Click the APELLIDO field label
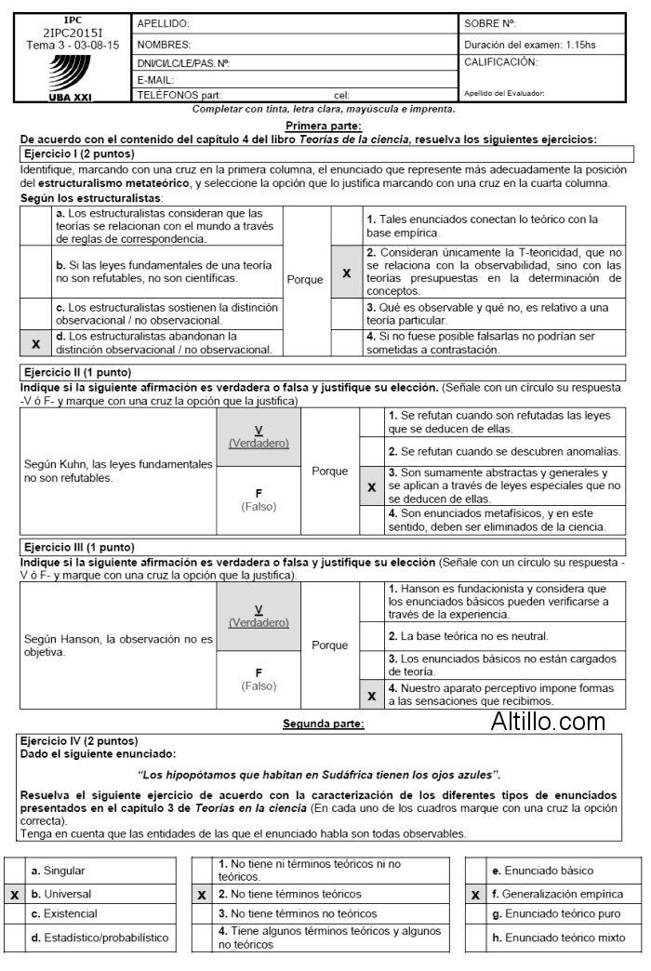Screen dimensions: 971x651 [x=163, y=22]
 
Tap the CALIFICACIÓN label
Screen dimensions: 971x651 [x=499, y=62]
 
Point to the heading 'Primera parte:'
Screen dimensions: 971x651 [x=323, y=126]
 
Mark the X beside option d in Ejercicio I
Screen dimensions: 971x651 [x=36, y=343]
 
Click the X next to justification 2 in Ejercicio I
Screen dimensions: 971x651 [x=346, y=274]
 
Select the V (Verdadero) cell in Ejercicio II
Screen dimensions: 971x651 [x=259, y=436]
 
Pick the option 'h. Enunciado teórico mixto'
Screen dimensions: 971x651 [x=558, y=937]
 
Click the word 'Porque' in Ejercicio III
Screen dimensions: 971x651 [x=329, y=645]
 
